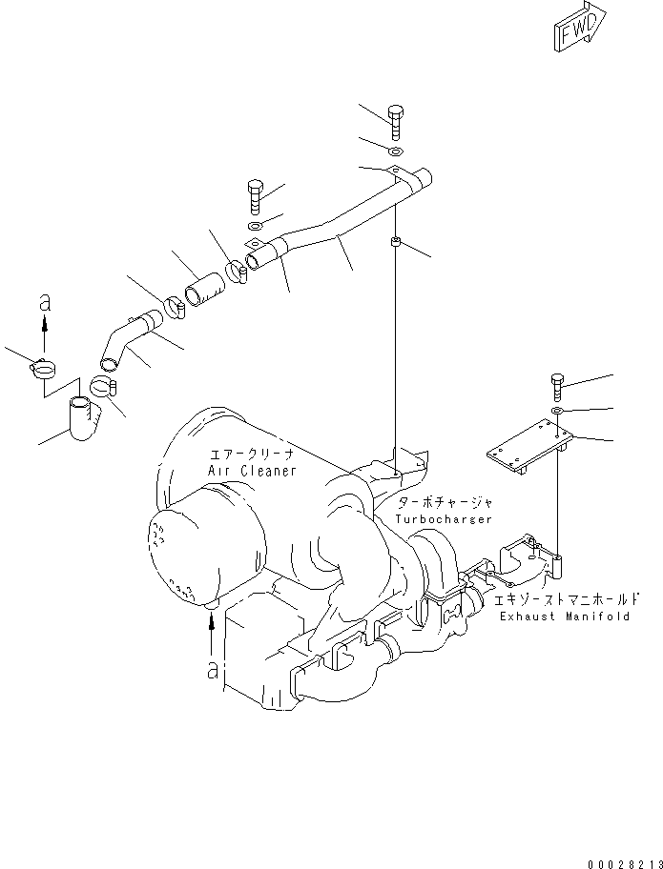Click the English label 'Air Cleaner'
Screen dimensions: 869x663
click(x=252, y=471)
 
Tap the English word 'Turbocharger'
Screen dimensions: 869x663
click(x=445, y=519)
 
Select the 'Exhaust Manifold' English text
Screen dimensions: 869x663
click(x=564, y=616)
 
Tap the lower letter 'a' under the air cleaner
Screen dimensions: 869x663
click(x=213, y=671)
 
